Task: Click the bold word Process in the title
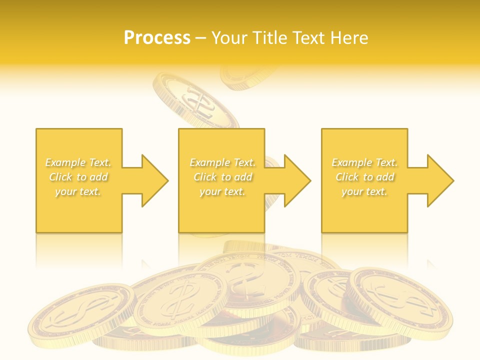coord(157,38)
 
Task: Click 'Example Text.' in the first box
coord(78,162)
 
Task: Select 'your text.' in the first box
coord(78,191)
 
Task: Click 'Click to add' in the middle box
coord(222,177)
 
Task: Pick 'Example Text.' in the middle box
coord(222,162)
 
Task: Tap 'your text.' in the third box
coord(364,191)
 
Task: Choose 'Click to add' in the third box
coord(364,177)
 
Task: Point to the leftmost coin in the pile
coord(80,315)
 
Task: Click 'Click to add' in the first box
coord(78,177)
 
